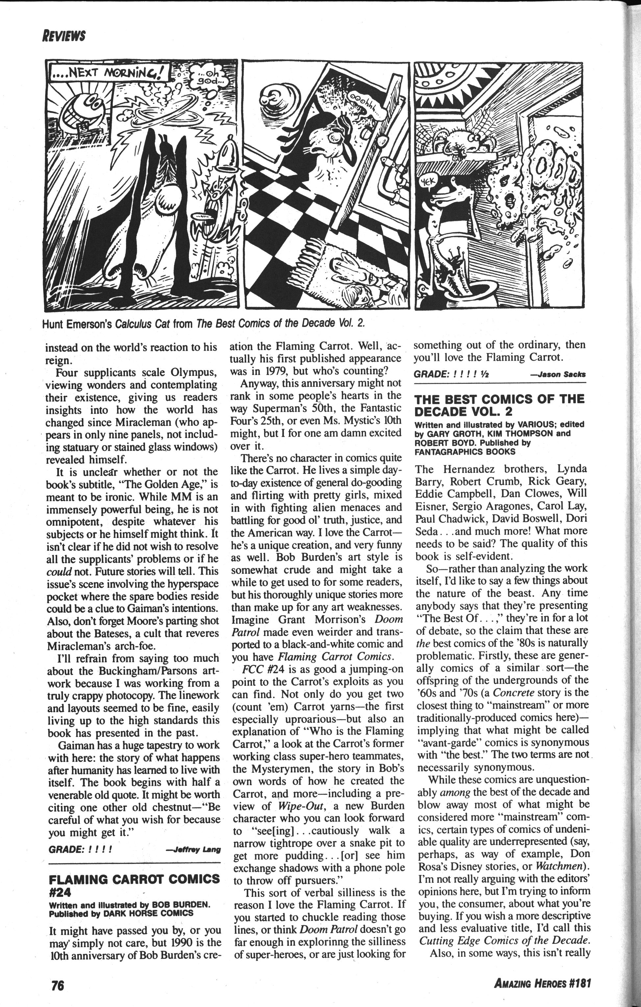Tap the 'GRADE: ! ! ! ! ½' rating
[x=451, y=374]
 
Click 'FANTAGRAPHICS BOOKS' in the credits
[x=465, y=451]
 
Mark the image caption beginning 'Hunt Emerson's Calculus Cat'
[x=208, y=323]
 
